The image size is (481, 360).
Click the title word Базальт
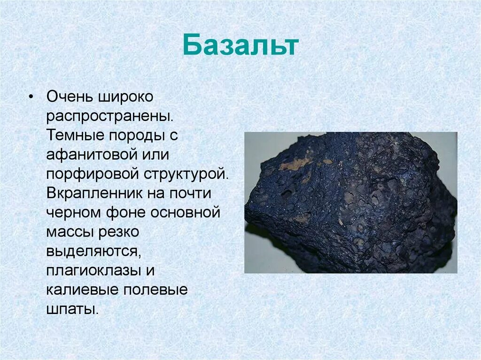tap(240, 46)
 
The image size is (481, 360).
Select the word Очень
tap(70, 97)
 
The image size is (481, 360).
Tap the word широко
tap(126, 97)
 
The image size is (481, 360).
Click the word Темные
tap(76, 136)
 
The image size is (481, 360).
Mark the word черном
tap(70, 213)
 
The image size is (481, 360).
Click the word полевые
tap(155, 290)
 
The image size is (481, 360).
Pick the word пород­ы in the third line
tap(135, 136)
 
